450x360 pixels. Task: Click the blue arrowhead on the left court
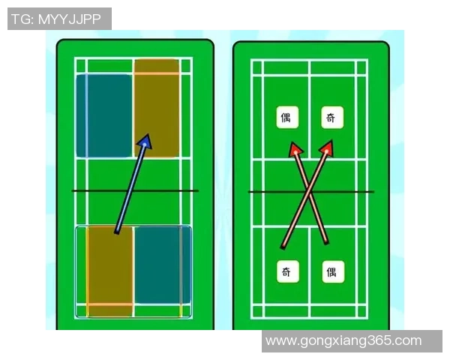pos(145,142)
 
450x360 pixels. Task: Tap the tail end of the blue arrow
pos(116,232)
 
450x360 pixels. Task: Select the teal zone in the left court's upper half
pos(104,115)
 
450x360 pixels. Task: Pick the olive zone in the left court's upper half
pos(157,108)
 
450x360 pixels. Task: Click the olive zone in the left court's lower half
pos(110,271)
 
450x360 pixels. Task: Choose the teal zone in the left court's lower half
pos(163,265)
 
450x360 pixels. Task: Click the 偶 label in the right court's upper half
pos(287,117)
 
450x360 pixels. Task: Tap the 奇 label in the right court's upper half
pos(332,117)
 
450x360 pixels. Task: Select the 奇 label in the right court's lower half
pos(288,271)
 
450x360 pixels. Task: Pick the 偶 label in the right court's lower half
pos(333,271)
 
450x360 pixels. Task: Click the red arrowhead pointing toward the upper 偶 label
pos(295,149)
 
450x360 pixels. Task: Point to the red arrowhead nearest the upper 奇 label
pos(327,148)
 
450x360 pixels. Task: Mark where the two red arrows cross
pos(310,193)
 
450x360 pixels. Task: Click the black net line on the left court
pos(135,190)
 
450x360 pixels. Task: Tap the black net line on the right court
pos(311,191)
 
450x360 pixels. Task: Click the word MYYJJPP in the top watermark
pos(69,19)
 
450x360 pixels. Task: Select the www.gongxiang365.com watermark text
pos(343,340)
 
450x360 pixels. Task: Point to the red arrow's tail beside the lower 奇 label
pos(283,247)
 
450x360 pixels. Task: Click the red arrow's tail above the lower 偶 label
pos(326,242)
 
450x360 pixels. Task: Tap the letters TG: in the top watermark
pos(23,19)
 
